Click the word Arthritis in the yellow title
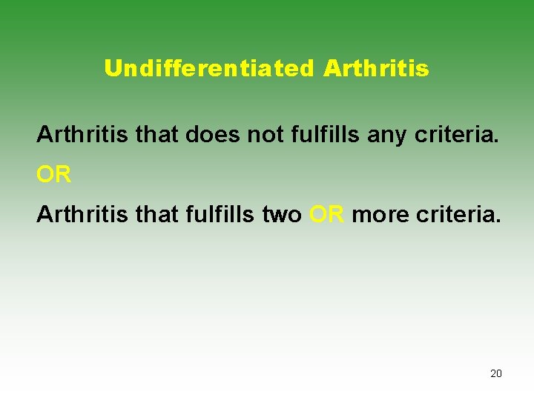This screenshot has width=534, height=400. pos(376,69)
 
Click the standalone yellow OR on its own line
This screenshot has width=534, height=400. pos(54,176)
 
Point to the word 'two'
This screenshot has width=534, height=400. pos(283,215)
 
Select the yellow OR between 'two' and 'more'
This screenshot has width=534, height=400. pos(327,215)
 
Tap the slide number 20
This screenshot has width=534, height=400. pos(496,373)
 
